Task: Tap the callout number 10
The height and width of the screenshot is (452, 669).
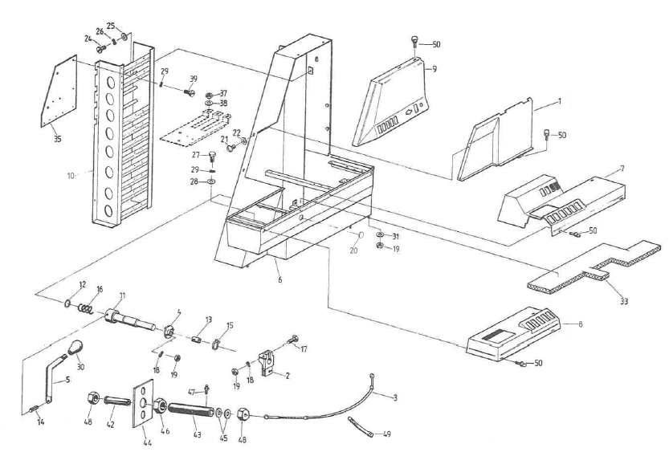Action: point(71,172)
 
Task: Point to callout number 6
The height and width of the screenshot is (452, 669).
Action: point(279,280)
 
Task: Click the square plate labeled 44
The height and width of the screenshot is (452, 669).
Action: point(142,409)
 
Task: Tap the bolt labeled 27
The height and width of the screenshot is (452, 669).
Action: point(213,156)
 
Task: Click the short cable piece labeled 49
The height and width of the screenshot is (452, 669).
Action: point(357,426)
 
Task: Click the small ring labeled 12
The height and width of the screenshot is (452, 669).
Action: point(69,303)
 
